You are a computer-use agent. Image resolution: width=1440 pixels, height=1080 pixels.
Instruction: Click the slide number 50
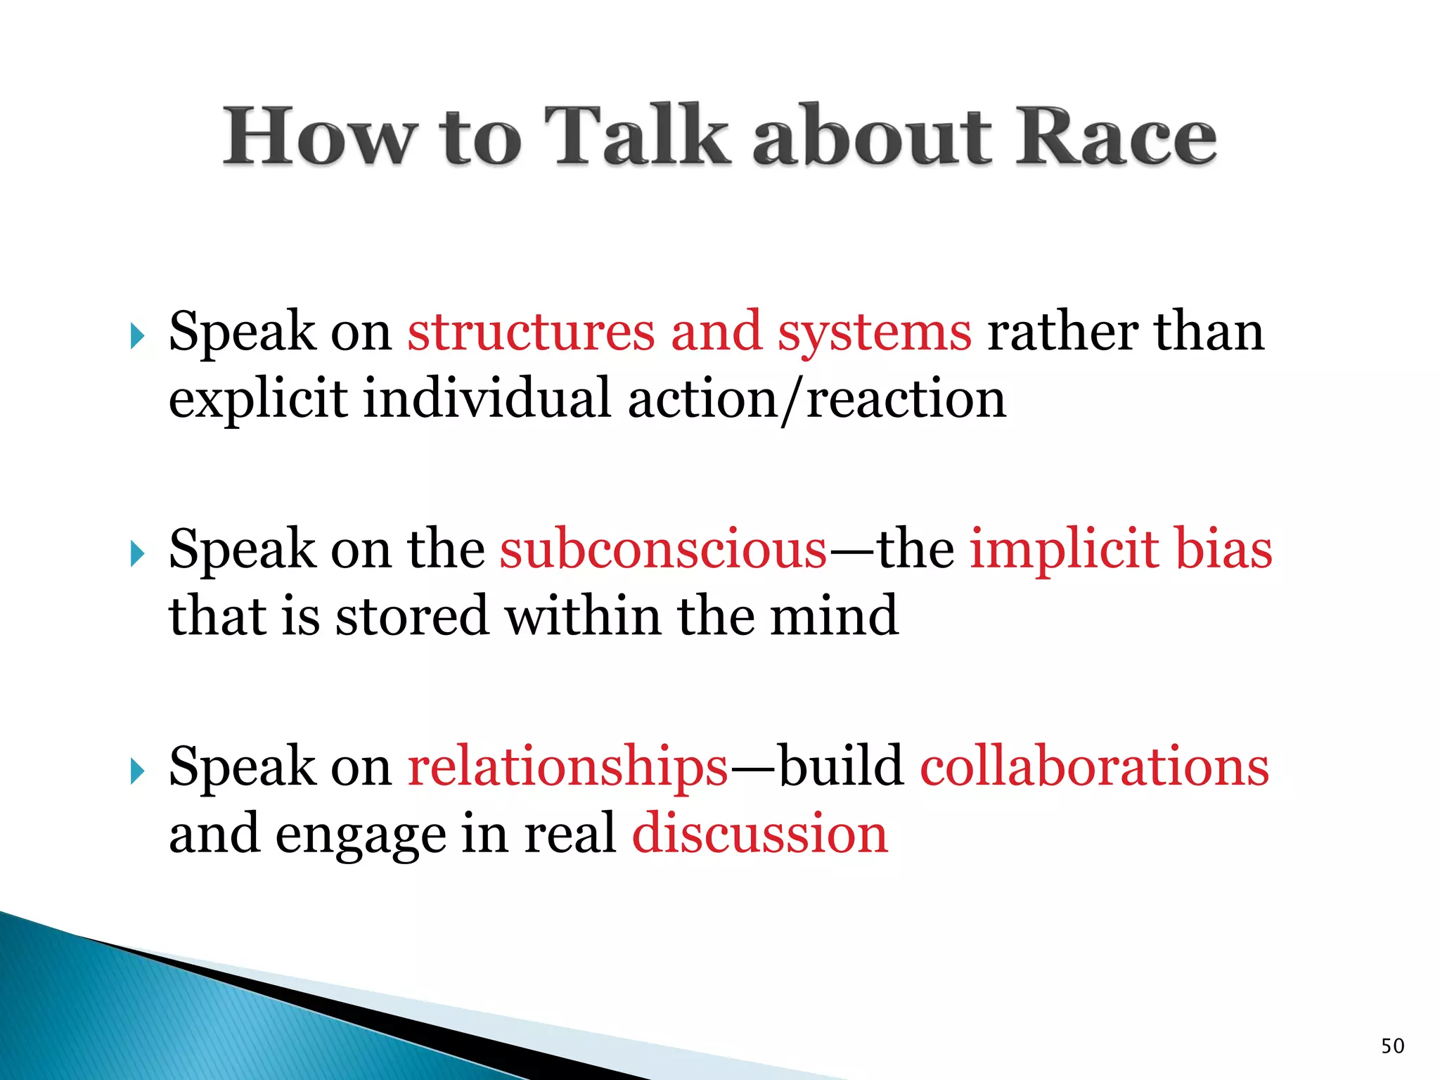[x=1392, y=1046]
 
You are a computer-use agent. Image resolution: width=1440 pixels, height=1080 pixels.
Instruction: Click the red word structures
[x=531, y=332]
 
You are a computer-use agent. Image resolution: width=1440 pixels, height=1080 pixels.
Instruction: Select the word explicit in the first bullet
[x=258, y=399]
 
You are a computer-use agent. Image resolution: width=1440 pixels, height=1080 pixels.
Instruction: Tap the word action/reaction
[x=816, y=399]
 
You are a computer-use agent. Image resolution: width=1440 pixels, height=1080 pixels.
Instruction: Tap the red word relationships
[x=567, y=766]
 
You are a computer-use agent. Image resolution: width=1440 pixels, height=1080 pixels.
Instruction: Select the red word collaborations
[x=1094, y=766]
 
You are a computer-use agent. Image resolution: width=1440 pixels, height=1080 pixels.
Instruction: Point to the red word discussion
[x=760, y=834]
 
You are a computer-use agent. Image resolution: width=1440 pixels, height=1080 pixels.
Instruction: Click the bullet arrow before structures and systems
[x=137, y=337]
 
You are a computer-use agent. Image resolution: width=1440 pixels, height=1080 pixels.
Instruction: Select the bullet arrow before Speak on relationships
[x=137, y=771]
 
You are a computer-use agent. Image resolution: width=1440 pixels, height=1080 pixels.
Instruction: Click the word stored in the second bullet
[x=411, y=616]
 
